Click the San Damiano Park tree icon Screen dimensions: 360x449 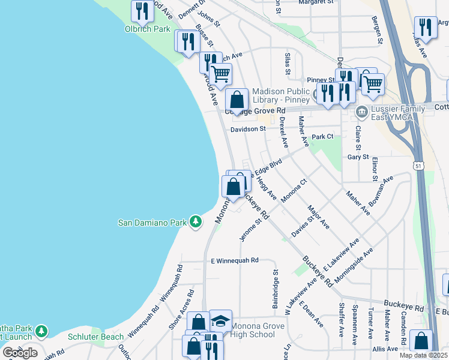click(x=195, y=222)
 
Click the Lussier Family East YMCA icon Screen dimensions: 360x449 click(x=362, y=112)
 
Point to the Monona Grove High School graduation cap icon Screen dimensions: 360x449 click(x=220, y=320)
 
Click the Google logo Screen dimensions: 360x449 click(x=20, y=353)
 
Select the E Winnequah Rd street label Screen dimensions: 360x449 click(x=235, y=260)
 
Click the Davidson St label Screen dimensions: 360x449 click(x=248, y=129)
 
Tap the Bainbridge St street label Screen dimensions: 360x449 click(x=276, y=287)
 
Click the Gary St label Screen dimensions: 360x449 click(x=358, y=157)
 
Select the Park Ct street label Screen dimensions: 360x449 click(x=322, y=137)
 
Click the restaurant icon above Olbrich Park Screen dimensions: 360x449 click(x=142, y=10)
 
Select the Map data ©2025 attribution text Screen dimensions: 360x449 click(x=423, y=355)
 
